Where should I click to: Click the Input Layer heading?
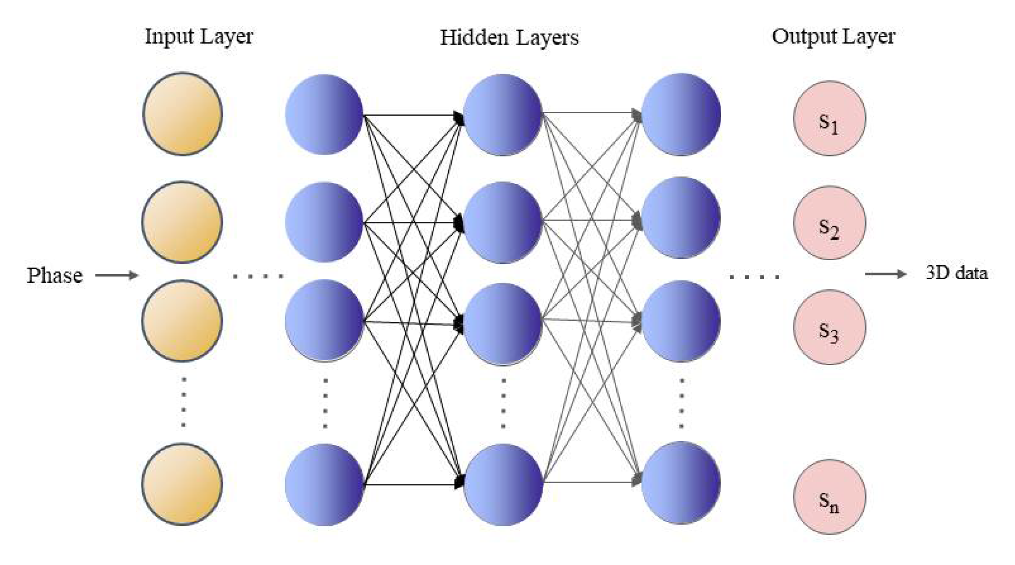[198, 36]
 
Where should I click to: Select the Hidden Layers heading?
[509, 37]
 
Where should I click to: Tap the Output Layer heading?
[833, 36]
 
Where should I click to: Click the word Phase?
[55, 275]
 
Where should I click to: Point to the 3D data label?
[957, 273]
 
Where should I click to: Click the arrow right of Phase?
[117, 275]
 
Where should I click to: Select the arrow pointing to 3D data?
[886, 274]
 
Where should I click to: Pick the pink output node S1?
[829, 118]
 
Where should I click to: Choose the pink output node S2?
[829, 223]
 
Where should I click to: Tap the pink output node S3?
[829, 327]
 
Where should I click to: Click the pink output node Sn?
[829, 496]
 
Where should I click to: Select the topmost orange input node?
[183, 114]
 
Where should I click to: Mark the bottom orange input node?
[182, 484]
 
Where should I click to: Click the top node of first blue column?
[324, 114]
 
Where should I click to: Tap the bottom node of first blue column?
[324, 484]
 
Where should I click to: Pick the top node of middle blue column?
[502, 114]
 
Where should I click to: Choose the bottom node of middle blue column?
[503, 484]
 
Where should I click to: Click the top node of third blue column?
[681, 114]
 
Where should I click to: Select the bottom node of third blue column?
[681, 483]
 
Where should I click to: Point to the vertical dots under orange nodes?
[183, 402]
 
